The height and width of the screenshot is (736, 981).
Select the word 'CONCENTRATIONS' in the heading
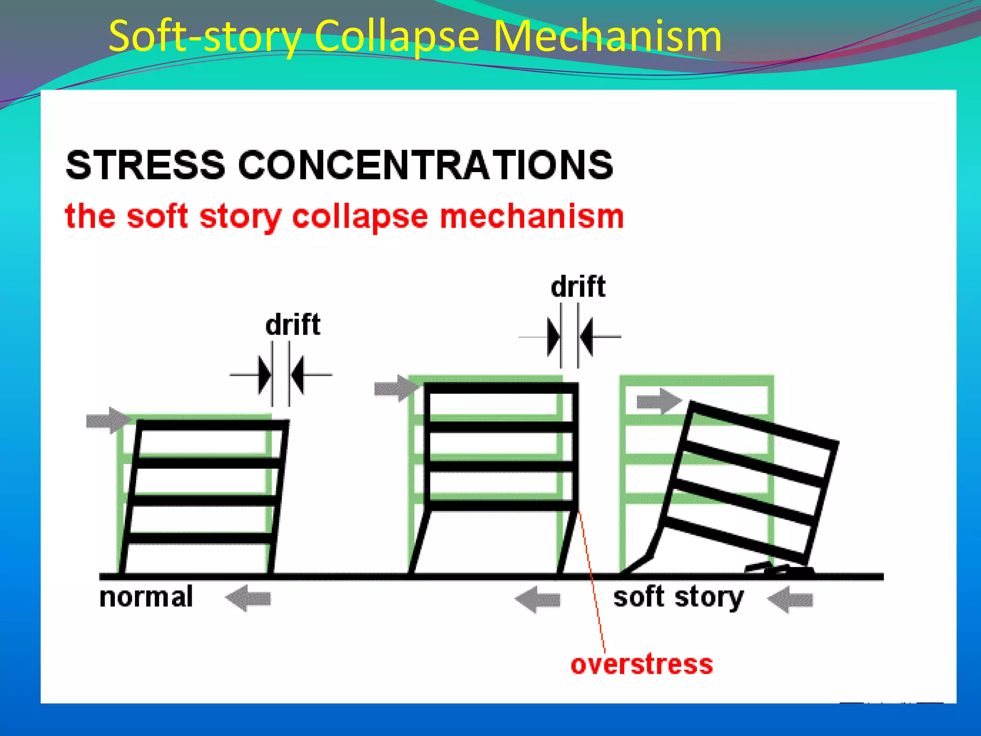[425, 165]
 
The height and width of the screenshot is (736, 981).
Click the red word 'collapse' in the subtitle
[359, 217]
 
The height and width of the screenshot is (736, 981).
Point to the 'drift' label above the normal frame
[292, 325]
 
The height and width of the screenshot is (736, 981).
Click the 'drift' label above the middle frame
[578, 287]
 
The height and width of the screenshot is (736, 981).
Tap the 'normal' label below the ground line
[146, 597]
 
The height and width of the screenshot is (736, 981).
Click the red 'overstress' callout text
[641, 665]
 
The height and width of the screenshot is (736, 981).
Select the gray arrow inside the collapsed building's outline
[659, 402]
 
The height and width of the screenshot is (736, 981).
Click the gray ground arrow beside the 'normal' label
[248, 598]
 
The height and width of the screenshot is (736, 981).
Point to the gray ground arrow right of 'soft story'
[790, 599]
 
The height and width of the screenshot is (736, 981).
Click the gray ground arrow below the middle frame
[537, 599]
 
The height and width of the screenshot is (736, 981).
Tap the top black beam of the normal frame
[213, 425]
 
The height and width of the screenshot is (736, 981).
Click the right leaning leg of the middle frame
[569, 542]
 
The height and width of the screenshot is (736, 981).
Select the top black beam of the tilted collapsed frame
[763, 425]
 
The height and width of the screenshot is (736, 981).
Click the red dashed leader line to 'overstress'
[593, 585]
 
